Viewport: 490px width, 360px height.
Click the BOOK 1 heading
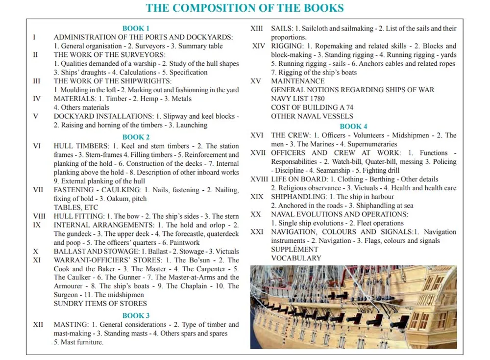pyautogui.click(x=136, y=28)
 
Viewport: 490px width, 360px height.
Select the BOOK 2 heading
pyautogui.click(x=136, y=137)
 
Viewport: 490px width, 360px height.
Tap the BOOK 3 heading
pyautogui.click(x=136, y=316)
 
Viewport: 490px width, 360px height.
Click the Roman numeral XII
pyautogui.click(x=38, y=325)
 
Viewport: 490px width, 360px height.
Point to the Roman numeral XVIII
pyautogui.click(x=259, y=180)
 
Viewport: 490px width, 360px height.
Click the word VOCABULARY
pyautogui.click(x=296, y=258)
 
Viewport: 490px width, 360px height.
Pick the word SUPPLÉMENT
pyautogui.click(x=295, y=250)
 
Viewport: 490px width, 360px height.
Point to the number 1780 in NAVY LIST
pyautogui.click(x=316, y=99)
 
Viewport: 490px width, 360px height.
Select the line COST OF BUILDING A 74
pyautogui.click(x=312, y=107)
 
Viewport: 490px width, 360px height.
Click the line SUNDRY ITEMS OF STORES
pyautogui.click(x=93, y=304)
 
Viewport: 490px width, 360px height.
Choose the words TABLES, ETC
pyautogui.click(x=76, y=207)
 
